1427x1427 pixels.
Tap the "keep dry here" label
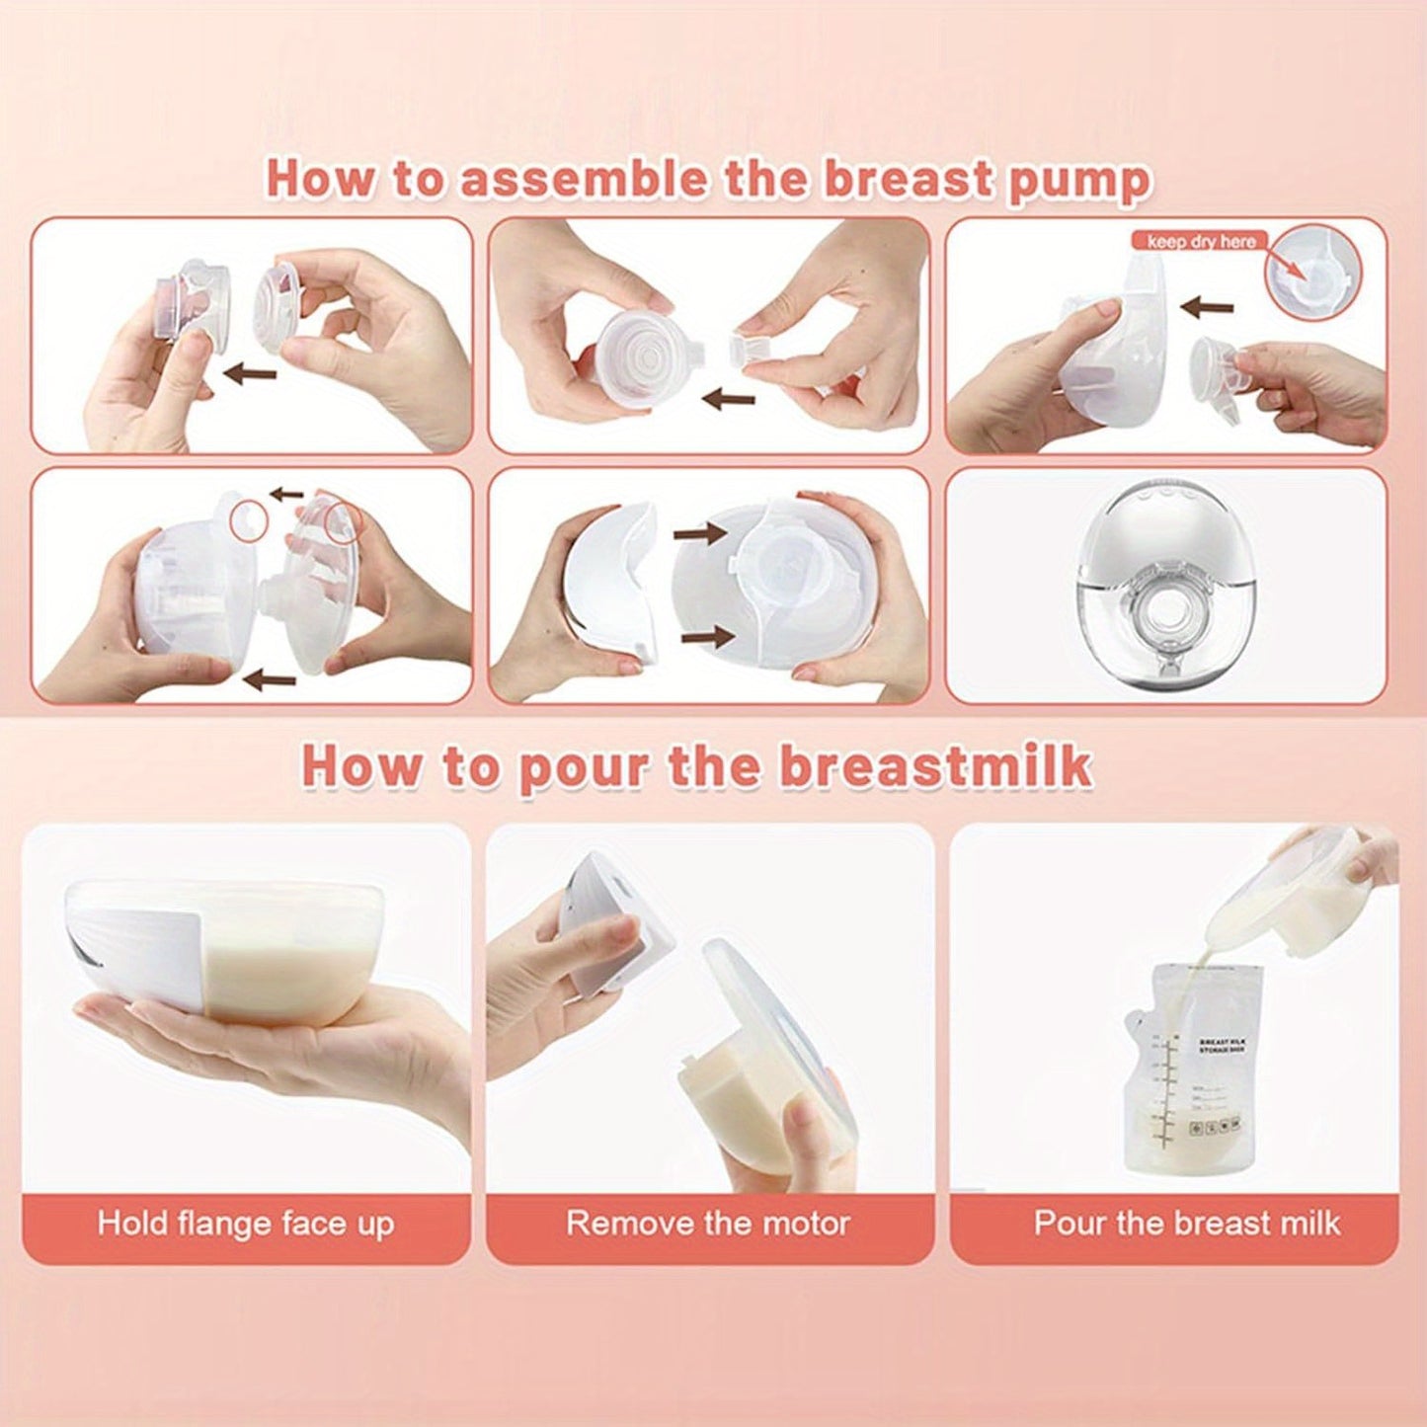1201,241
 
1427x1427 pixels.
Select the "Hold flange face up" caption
246,1224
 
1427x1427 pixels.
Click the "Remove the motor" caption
708,1224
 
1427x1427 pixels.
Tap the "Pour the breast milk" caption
1186,1224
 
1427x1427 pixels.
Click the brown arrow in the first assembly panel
250,372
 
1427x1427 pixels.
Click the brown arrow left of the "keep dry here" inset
1207,308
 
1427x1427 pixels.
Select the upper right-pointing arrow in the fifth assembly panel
700,533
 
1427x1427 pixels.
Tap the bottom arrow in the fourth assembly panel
269,678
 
